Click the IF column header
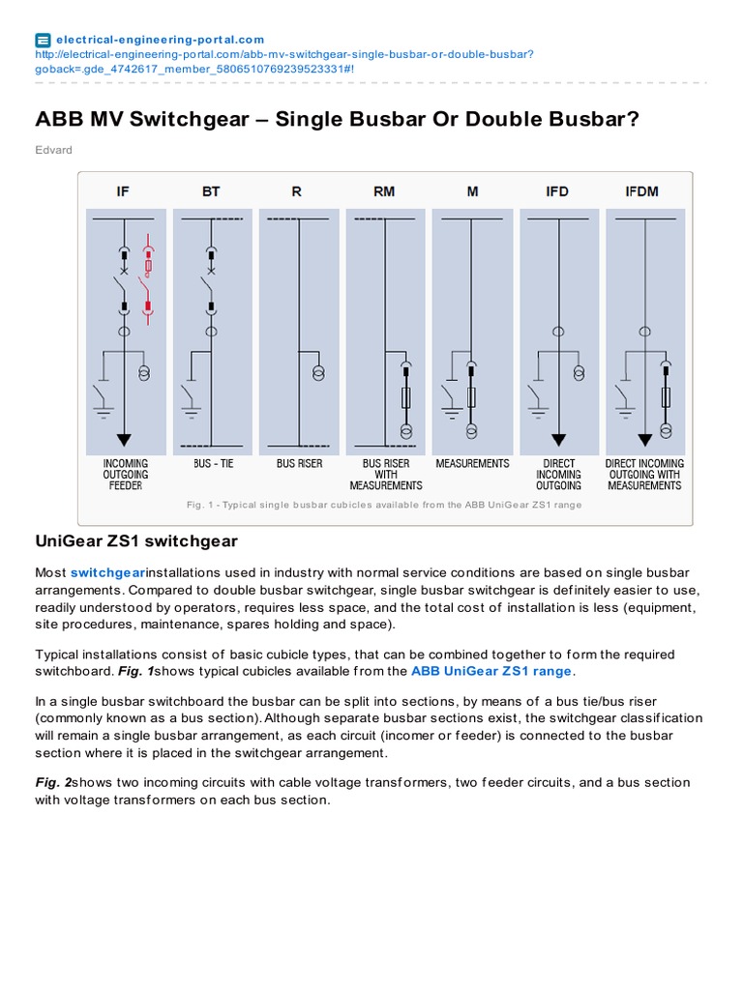pyautogui.click(x=123, y=191)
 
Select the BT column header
pyautogui.click(x=211, y=191)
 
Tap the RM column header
pyautogui.click(x=384, y=191)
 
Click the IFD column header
pyautogui.click(x=557, y=191)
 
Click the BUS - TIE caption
pyautogui.click(x=213, y=464)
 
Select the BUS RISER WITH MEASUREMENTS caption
pyautogui.click(x=386, y=475)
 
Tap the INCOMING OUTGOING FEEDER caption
pyautogui.click(x=126, y=475)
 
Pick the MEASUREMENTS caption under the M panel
pyautogui.click(x=472, y=464)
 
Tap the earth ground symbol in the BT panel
pyautogui.click(x=190, y=412)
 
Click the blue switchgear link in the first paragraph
pyautogui.click(x=106, y=572)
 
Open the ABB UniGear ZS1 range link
pyautogui.click(x=491, y=671)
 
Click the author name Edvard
pyautogui.click(x=53, y=150)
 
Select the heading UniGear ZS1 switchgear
pyautogui.click(x=136, y=540)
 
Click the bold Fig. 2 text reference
pyautogui.click(x=53, y=782)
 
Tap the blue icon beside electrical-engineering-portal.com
pyautogui.click(x=43, y=40)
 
